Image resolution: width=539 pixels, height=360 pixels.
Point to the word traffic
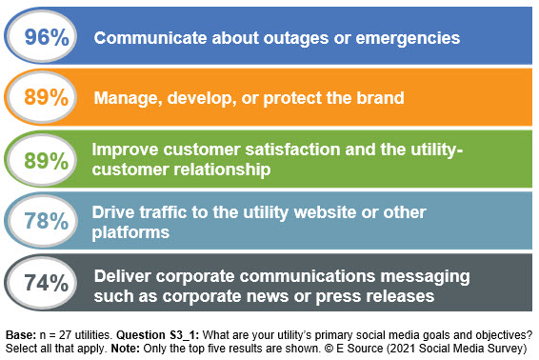pyautogui.click(x=164, y=211)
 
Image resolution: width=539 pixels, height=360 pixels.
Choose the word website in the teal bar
pyautogui.click(x=324, y=211)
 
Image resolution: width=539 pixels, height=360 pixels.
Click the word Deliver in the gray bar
pyautogui.click(x=123, y=275)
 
